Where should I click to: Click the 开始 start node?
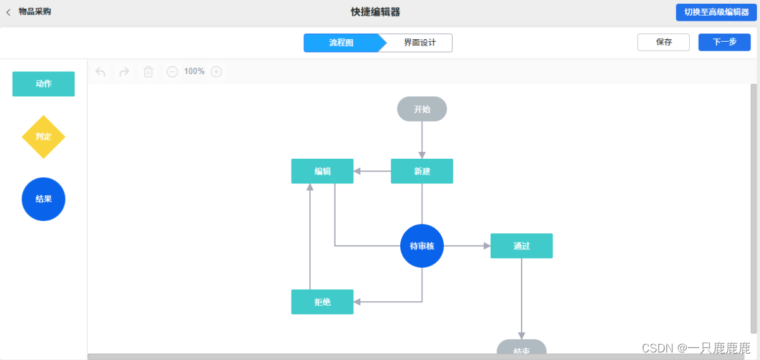(422, 109)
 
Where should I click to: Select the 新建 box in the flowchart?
(422, 171)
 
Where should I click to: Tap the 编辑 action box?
(322, 171)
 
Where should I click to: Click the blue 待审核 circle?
(422, 246)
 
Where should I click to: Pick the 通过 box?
(521, 246)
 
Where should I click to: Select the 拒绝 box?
(322, 302)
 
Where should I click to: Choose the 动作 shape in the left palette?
(44, 84)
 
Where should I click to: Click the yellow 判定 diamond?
(44, 137)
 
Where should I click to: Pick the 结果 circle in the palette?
(44, 199)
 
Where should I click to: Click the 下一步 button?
(724, 42)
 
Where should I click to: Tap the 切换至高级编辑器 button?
(716, 13)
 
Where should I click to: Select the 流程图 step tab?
(341, 43)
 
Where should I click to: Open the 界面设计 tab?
(420, 43)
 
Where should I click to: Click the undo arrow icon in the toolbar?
(100, 72)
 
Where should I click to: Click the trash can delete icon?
(148, 72)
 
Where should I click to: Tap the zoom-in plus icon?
(216, 72)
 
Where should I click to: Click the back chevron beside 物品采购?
(8, 12)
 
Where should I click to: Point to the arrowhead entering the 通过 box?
(486, 246)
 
